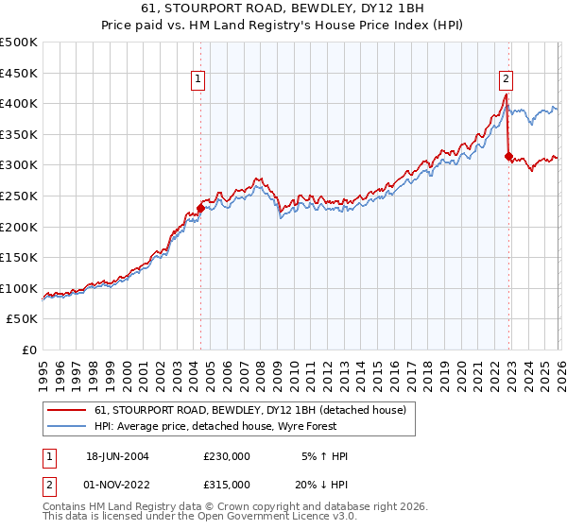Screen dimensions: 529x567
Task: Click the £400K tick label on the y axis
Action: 19,103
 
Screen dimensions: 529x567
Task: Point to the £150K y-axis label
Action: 19,257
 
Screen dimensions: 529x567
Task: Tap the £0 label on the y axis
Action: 28,350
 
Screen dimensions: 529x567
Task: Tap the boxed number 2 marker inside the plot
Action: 507,80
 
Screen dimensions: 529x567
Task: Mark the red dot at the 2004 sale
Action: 200,208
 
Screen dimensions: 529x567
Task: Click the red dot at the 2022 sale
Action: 509,156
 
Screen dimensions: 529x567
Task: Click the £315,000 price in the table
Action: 227,484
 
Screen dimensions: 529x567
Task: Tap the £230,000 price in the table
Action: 227,456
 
